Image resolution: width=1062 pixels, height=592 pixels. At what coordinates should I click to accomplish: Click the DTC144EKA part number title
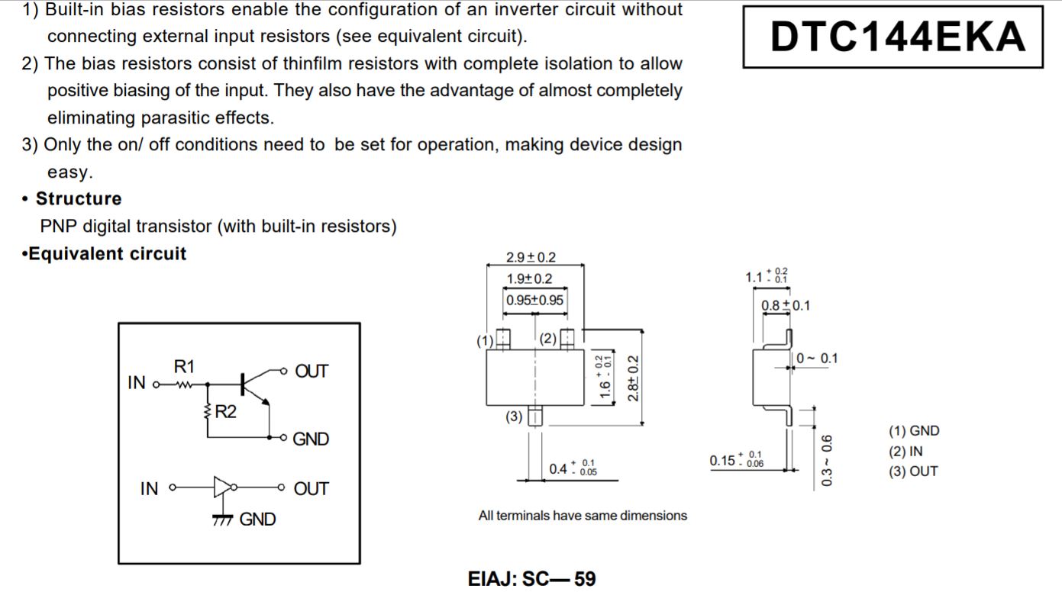tap(898, 37)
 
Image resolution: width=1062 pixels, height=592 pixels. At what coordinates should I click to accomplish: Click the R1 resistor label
tap(184, 366)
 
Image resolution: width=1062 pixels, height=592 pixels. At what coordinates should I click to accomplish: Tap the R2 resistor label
tap(225, 411)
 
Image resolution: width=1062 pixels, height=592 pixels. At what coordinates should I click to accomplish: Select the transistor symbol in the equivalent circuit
tap(254, 388)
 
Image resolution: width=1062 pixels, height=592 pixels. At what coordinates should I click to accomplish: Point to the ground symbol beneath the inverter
tap(222, 520)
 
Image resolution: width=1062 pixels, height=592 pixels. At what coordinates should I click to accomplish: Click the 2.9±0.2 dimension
tap(531, 257)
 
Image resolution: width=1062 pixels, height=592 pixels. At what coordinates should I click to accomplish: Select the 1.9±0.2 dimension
tap(529, 278)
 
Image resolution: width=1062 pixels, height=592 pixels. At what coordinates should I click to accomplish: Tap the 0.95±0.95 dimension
tap(534, 300)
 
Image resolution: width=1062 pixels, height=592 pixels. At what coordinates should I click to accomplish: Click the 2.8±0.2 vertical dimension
tap(633, 378)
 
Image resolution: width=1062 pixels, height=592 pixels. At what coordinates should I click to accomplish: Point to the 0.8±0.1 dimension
tap(786, 305)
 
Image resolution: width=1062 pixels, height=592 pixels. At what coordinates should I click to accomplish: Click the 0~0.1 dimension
tap(817, 358)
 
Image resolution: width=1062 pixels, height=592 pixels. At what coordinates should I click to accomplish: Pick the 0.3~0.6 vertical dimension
tap(826, 460)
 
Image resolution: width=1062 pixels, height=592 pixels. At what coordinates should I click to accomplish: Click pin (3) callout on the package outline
tap(514, 417)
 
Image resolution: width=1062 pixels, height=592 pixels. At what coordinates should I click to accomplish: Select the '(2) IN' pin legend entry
tap(905, 452)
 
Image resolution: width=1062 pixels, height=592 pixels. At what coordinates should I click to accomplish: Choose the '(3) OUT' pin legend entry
tap(913, 471)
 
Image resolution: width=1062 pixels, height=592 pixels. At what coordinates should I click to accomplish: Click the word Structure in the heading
tap(79, 199)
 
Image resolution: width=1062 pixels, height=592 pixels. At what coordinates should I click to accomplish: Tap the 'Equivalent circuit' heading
tap(107, 254)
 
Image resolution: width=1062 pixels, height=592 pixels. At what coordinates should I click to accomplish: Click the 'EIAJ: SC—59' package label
tap(531, 579)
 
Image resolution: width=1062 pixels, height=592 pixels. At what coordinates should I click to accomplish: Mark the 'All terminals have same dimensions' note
tap(583, 515)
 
